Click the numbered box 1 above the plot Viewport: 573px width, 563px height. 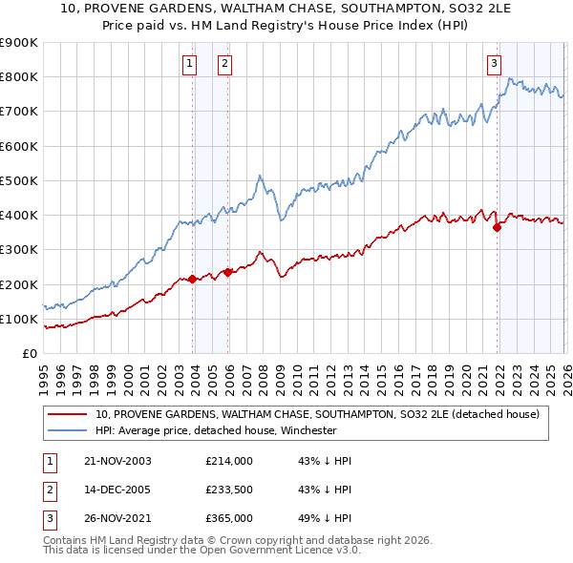[x=189, y=64]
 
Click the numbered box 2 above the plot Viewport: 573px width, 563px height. [x=224, y=64]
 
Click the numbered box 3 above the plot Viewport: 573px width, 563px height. [x=494, y=64]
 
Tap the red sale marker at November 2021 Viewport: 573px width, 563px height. [x=498, y=227]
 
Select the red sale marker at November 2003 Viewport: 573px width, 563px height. [x=193, y=279]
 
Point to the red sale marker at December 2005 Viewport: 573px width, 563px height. [x=228, y=272]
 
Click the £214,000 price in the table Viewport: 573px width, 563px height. [x=228, y=461]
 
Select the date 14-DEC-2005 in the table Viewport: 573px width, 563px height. [x=117, y=490]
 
